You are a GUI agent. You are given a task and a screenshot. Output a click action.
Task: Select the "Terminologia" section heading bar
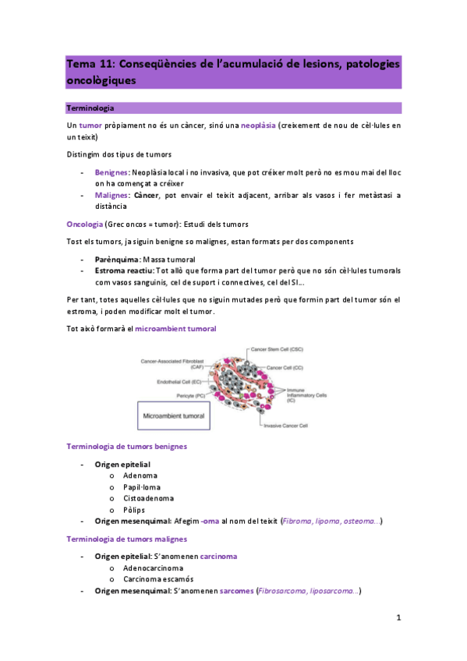[234, 108]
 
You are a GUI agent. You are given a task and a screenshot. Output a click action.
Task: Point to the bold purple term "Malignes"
[111, 195]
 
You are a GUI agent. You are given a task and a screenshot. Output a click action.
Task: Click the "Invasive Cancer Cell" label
[283, 426]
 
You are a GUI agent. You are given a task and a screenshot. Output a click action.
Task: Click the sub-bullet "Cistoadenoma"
[148, 497]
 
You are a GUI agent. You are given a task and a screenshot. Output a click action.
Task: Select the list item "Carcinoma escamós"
[158, 579]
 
